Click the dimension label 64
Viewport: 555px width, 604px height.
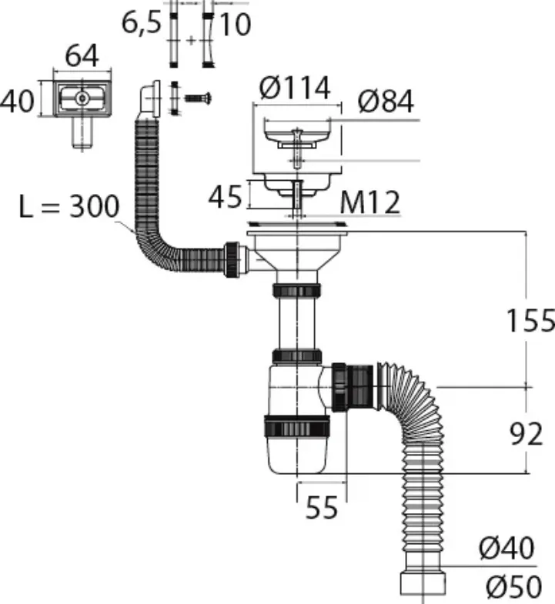point(82,56)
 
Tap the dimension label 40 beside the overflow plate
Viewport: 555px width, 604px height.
point(17,102)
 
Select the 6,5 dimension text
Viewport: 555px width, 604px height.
point(141,23)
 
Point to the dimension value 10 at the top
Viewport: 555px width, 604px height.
point(236,25)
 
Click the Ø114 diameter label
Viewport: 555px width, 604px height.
point(295,88)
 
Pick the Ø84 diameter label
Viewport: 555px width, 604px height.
point(386,102)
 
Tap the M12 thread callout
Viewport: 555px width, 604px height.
point(370,202)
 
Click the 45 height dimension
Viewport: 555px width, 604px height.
point(225,197)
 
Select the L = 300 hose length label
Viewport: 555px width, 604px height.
point(69,206)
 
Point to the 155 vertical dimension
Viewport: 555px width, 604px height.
point(530,321)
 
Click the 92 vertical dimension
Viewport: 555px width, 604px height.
point(526,434)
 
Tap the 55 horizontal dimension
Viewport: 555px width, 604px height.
point(322,507)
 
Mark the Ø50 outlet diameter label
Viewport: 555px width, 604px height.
point(513,586)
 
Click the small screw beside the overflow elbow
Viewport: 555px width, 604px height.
point(198,98)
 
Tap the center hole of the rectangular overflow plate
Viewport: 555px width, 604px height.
point(82,98)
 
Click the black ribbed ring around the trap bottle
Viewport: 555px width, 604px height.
point(297,426)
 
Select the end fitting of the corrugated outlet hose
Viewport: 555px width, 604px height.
point(423,583)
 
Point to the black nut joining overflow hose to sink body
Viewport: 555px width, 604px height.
point(232,259)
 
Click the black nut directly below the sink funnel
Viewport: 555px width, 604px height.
point(296,290)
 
